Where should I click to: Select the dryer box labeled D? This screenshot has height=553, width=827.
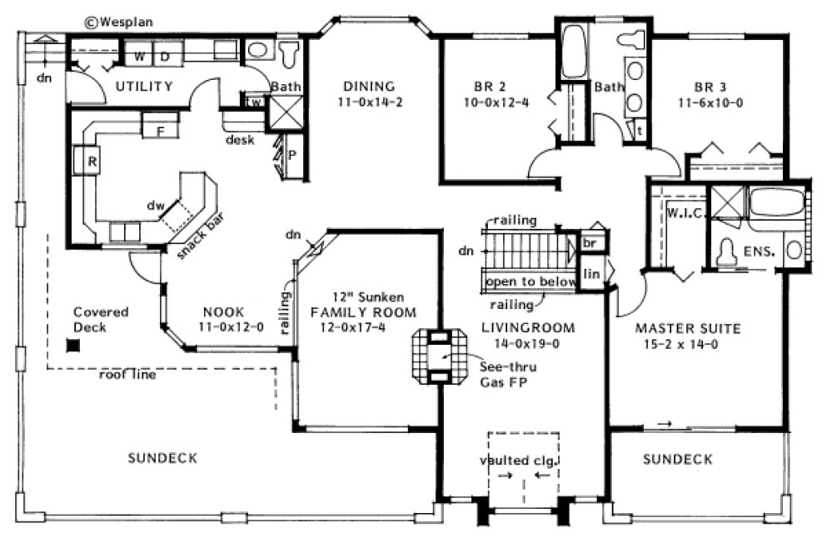(165, 56)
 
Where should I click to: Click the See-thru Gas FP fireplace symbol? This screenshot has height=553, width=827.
(433, 356)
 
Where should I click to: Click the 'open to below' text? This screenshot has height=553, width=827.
(531, 281)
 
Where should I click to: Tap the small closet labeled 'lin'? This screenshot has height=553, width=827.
(592, 274)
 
